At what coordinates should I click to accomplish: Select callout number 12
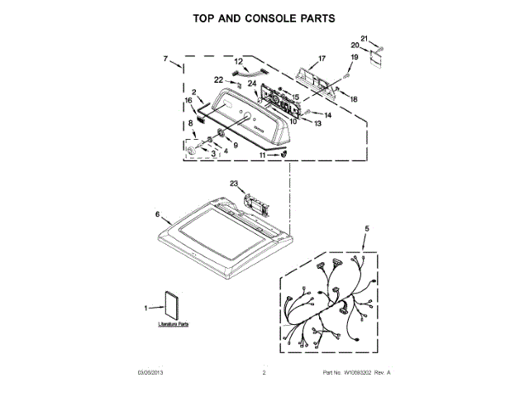pyautogui.click(x=238, y=61)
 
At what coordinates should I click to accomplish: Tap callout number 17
pyautogui.click(x=322, y=59)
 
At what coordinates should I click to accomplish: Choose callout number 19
pyautogui.click(x=355, y=57)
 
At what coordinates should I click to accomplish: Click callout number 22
pyautogui.click(x=219, y=79)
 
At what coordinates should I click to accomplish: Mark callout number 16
pyautogui.click(x=188, y=102)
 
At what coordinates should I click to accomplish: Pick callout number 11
pyautogui.click(x=264, y=155)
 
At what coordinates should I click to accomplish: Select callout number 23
pyautogui.click(x=234, y=184)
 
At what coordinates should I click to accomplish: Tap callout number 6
pyautogui.click(x=158, y=214)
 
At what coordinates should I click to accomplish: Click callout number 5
pyautogui.click(x=368, y=228)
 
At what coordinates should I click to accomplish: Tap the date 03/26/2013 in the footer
pyautogui.click(x=151, y=373)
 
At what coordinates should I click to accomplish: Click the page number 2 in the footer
pyautogui.click(x=264, y=373)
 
